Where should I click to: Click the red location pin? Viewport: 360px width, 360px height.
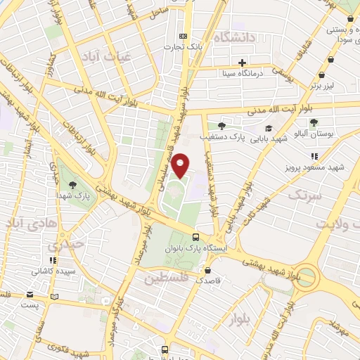click(x=181, y=165)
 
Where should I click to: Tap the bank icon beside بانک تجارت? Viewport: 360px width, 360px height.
click(x=184, y=37)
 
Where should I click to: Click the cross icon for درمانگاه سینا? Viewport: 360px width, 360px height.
click(x=243, y=62)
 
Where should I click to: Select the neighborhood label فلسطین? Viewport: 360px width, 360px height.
click(x=167, y=279)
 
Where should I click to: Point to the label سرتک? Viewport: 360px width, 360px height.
click(x=304, y=195)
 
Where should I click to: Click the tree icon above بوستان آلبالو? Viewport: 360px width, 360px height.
click(x=314, y=122)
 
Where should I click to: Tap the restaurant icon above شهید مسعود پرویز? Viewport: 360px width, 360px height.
click(x=314, y=156)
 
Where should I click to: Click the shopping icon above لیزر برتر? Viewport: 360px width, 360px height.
click(x=322, y=75)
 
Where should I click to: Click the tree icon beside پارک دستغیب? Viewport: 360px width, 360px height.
click(x=221, y=127)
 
